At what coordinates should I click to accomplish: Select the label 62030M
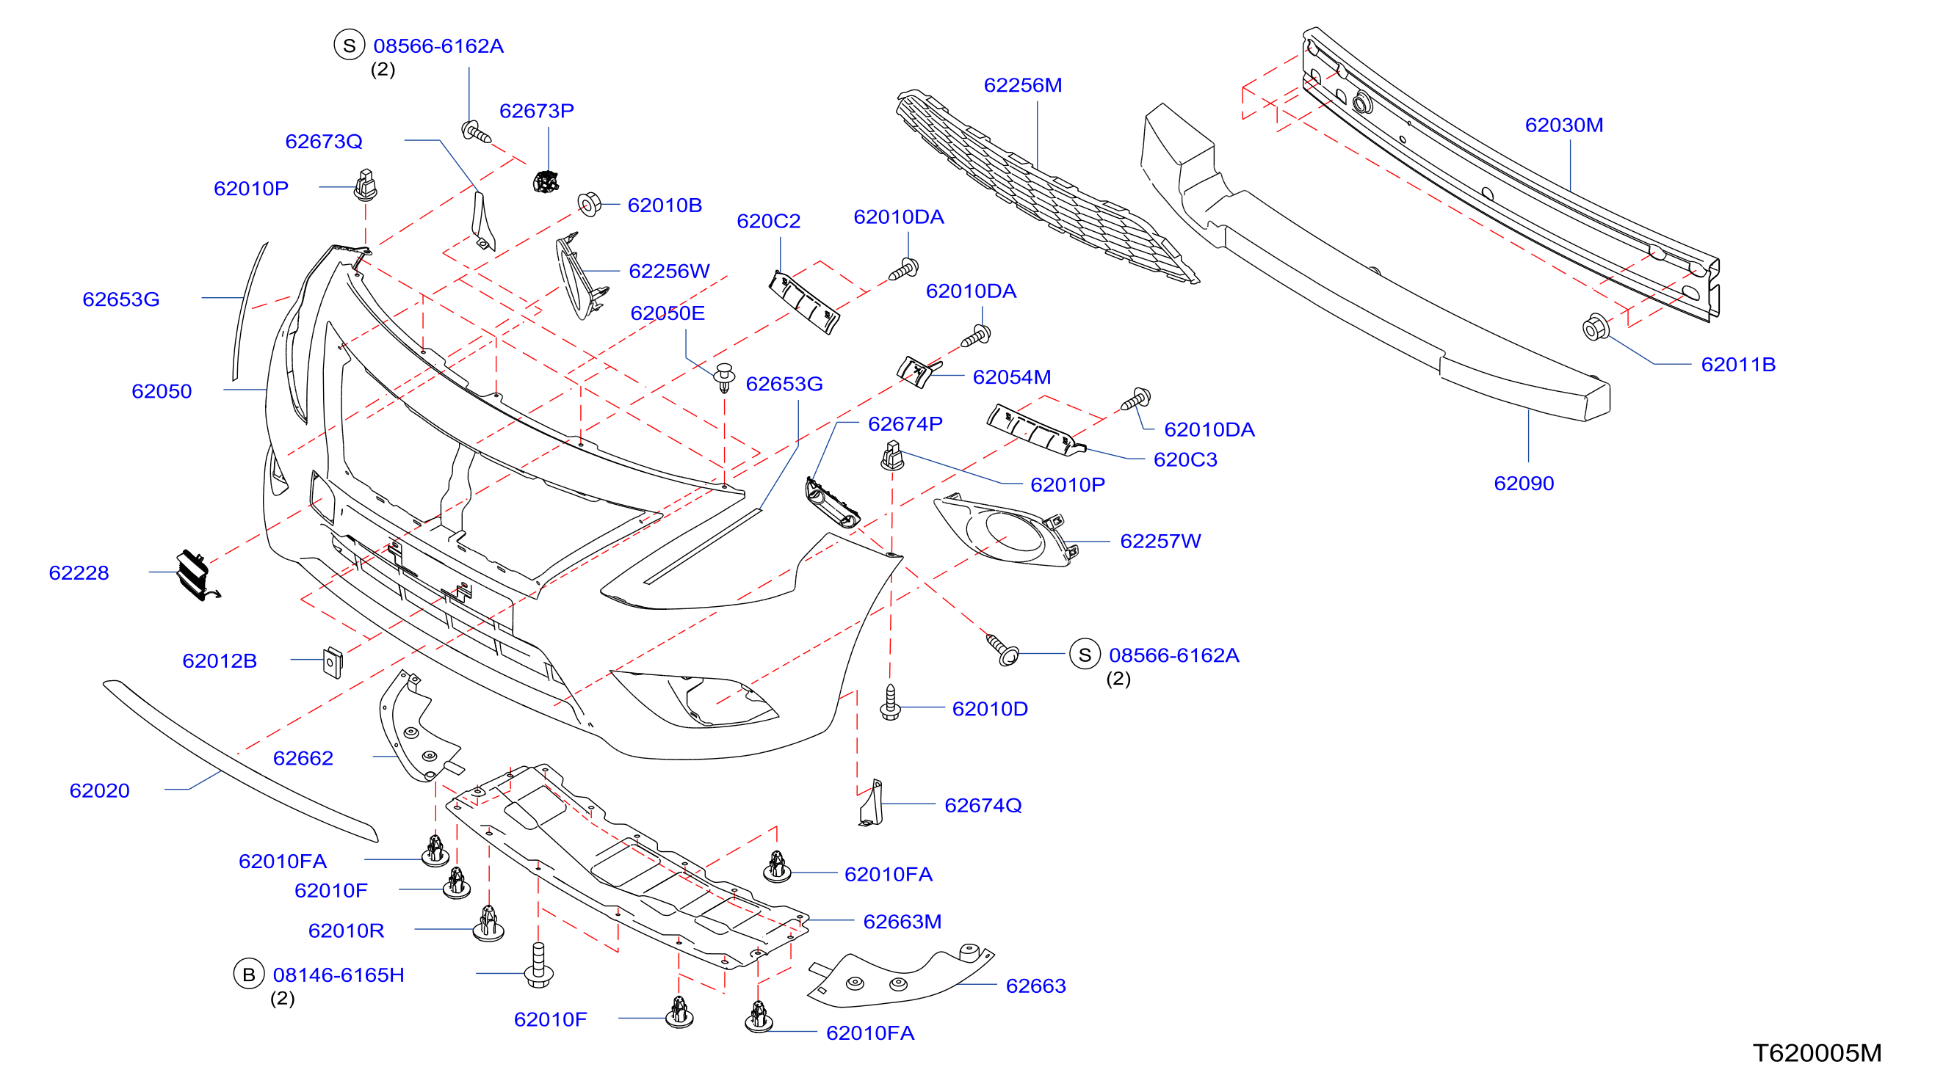pyautogui.click(x=1563, y=125)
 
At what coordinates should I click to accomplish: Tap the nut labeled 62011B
pyautogui.click(x=1595, y=327)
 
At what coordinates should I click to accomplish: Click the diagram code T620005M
pyautogui.click(x=1817, y=1052)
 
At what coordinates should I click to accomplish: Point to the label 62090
pyautogui.click(x=1523, y=483)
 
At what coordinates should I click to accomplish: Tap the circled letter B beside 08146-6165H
pyautogui.click(x=248, y=974)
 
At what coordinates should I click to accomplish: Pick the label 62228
pyautogui.click(x=79, y=572)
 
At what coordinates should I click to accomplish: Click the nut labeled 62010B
pyautogui.click(x=589, y=203)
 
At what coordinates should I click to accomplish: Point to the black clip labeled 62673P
pyautogui.click(x=546, y=182)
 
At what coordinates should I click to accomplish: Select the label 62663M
pyautogui.click(x=902, y=921)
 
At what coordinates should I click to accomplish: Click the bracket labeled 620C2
pyautogui.click(x=804, y=302)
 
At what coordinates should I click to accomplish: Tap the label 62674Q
pyautogui.click(x=983, y=805)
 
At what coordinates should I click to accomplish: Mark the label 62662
pyautogui.click(x=303, y=758)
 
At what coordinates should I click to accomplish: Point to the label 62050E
pyautogui.click(x=667, y=313)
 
